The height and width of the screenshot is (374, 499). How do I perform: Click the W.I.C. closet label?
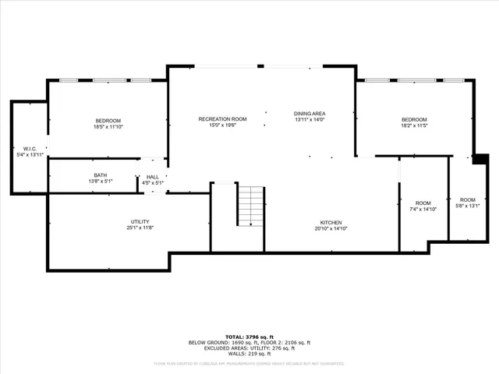coord(30,148)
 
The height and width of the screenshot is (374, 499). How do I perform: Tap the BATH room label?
coord(101,175)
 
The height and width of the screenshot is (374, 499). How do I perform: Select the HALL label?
coord(153,177)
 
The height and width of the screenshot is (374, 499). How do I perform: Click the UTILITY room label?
coord(140,221)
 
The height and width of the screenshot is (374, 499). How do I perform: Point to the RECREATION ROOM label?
coord(222,118)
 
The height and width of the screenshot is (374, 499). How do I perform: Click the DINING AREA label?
coord(310,113)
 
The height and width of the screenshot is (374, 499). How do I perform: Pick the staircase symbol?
coord(250,206)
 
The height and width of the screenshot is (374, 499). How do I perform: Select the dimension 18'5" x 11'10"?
coord(108,126)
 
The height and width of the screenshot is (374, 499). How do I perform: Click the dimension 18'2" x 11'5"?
coord(414,125)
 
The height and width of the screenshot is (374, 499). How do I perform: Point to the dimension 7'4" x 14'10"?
coord(423,209)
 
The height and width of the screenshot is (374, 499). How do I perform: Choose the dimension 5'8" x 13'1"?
coord(467,206)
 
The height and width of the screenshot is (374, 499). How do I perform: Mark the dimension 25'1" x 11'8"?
coord(140,228)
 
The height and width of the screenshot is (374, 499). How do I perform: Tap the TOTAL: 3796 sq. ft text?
coord(249,337)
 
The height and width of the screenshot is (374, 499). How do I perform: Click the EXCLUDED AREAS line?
coord(249,348)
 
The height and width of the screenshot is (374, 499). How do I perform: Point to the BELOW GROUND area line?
coord(249,342)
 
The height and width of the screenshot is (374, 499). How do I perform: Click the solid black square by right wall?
coord(480,159)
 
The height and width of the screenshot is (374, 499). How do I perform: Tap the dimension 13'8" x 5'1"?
coord(101,182)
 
